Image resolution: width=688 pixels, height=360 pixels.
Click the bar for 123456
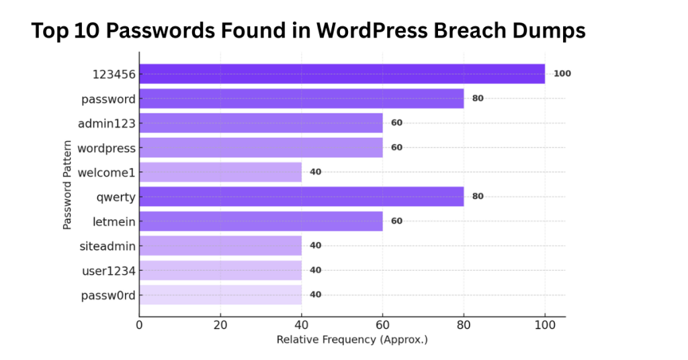[342, 74]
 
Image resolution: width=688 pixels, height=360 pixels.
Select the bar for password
[301, 99]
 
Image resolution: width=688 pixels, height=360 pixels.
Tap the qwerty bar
[301, 197]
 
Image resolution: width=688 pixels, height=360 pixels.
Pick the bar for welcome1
[220, 172]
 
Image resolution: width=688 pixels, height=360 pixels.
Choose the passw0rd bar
[220, 295]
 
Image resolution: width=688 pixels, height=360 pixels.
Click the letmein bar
[261, 221]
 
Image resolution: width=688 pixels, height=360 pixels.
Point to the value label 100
[562, 74]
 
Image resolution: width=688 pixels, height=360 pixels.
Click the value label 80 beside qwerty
[478, 197]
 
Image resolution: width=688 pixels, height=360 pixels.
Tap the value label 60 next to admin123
[396, 123]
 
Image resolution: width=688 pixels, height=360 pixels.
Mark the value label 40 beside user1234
[316, 270]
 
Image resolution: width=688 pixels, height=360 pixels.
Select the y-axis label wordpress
[106, 148]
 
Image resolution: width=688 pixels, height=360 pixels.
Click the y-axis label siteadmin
[107, 246]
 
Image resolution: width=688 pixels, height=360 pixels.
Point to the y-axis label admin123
[107, 123]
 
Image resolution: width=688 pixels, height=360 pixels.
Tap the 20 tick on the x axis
[220, 326]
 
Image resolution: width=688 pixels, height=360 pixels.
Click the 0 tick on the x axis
[139, 326]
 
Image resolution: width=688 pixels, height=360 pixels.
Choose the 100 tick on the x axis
[545, 326]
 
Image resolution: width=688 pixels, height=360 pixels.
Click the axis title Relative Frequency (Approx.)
[352, 340]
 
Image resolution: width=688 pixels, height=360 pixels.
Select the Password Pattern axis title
[68, 185]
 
